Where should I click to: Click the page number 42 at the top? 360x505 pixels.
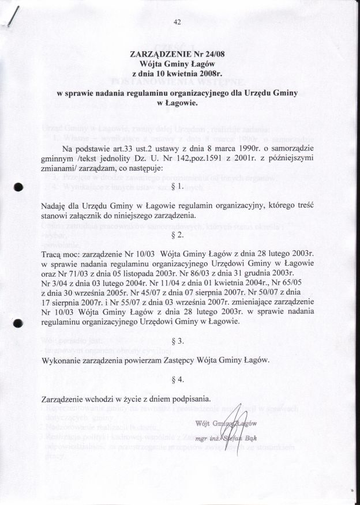point(177,22)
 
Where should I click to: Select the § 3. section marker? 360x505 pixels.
point(178,341)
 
